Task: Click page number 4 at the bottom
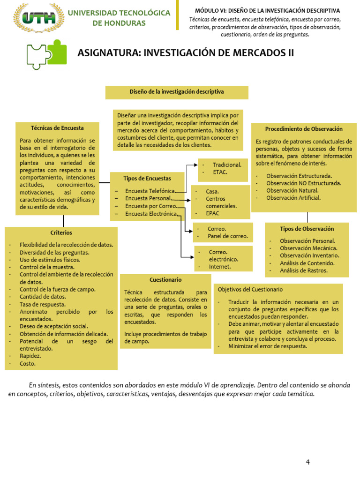click(x=308, y=462)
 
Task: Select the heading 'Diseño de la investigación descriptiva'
click(x=177, y=92)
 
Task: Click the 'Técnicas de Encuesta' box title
click(x=57, y=128)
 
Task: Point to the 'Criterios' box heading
click(x=61, y=232)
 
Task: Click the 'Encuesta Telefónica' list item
click(x=150, y=191)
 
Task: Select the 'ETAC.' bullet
click(x=220, y=172)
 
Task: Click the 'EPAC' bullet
click(x=212, y=213)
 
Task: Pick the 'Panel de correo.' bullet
click(x=228, y=236)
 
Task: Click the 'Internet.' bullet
click(x=220, y=267)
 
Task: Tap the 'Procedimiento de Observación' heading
click(x=304, y=129)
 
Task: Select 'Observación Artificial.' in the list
click(x=293, y=198)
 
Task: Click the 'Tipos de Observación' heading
click(x=307, y=229)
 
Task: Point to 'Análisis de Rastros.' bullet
click(x=304, y=270)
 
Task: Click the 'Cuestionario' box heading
click(x=165, y=280)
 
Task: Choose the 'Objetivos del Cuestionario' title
click(x=250, y=290)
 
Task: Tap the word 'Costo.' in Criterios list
click(x=28, y=363)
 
